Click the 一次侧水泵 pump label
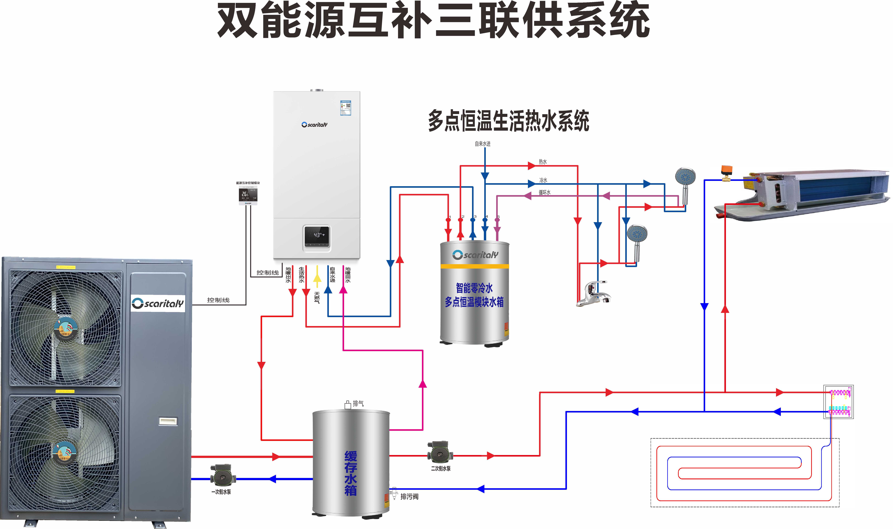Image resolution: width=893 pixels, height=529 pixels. (x=221, y=492)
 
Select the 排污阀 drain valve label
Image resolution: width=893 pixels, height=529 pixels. (x=409, y=497)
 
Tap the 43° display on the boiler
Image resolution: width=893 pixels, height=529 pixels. (x=317, y=235)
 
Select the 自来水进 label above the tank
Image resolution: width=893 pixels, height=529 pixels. (x=482, y=144)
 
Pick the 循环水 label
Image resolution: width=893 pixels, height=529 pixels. (x=545, y=193)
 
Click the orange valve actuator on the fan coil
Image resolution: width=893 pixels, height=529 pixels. (x=726, y=170)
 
